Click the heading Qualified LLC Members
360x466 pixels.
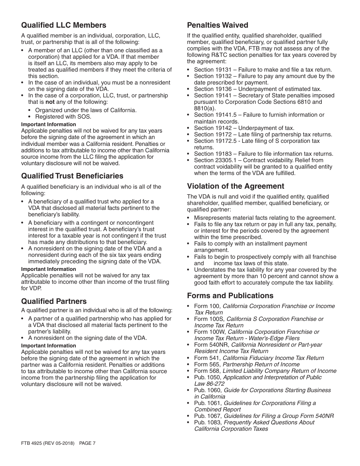[64, 25]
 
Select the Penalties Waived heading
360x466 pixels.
[218, 25]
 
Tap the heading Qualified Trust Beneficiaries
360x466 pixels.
[72, 176]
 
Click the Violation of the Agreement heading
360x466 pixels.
[235, 186]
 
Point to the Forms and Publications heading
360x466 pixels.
[230, 296]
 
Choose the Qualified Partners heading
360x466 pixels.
[54, 302]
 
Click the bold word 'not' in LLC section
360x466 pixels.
[50, 102]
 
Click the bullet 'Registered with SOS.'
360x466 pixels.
[63, 117]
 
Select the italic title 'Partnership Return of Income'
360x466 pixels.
[261, 364]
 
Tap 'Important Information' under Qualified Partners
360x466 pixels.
[49, 346]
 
